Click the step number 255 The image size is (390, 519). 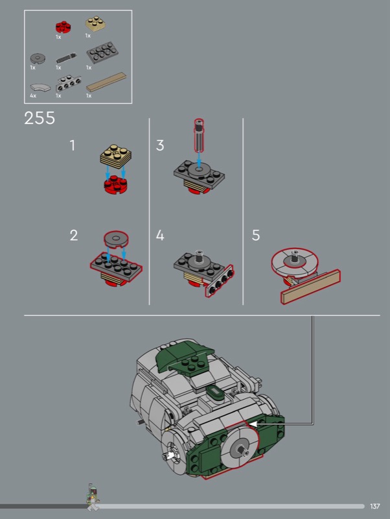click(40, 118)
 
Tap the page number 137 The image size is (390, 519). click(375, 506)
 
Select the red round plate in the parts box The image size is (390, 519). click(63, 27)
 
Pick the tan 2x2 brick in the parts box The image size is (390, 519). click(95, 23)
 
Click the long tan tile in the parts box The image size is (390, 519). click(106, 82)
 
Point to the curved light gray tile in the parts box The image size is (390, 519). click(40, 88)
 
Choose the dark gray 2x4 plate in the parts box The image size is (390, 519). click(102, 53)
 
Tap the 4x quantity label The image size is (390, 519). click(33, 95)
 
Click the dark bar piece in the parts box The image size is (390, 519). click(66, 58)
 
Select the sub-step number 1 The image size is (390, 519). click(73, 145)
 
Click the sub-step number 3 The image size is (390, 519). click(160, 145)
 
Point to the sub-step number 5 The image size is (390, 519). click(255, 235)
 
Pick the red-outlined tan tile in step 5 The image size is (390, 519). click(311, 287)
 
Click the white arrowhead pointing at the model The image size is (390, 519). click(253, 424)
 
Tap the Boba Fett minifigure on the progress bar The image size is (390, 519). click(93, 497)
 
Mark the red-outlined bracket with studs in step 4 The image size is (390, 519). click(220, 281)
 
